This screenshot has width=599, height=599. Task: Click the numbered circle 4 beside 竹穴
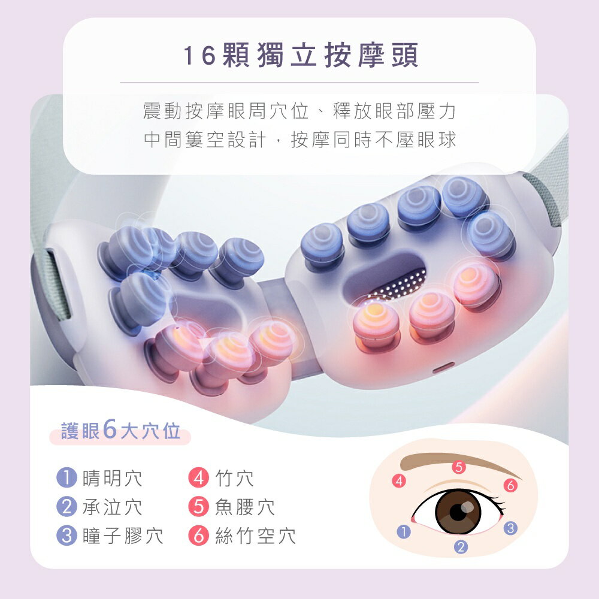tap(198, 478)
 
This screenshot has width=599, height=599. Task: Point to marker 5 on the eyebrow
tap(459, 467)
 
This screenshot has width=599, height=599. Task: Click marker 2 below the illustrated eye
tap(461, 546)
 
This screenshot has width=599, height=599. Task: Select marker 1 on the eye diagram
tap(404, 531)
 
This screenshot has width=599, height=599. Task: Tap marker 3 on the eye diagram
tap(510, 528)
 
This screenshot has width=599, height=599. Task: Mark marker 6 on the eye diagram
tap(510, 486)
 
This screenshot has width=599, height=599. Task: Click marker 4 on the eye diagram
tap(399, 480)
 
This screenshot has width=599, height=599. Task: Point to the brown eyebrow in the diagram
tap(443, 461)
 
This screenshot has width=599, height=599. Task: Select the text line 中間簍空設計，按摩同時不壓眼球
tap(300, 140)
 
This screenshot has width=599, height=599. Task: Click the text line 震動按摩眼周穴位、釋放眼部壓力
tap(300, 111)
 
